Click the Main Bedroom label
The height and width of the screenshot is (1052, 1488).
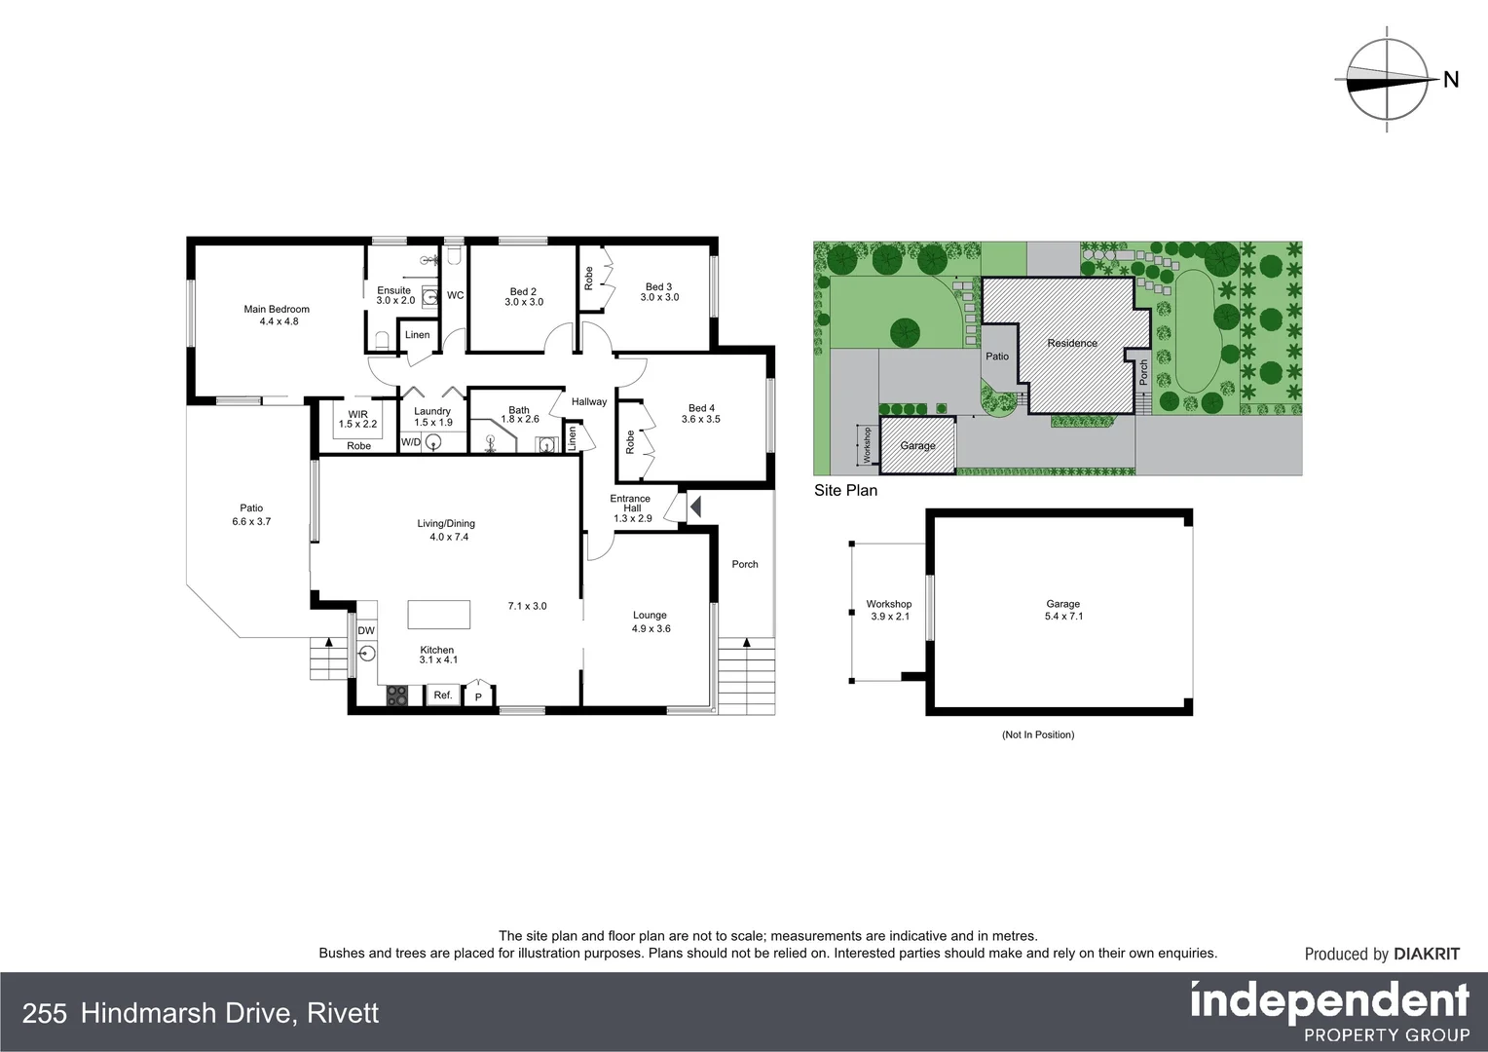[277, 310]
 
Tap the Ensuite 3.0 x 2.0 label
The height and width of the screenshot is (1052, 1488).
[394, 295]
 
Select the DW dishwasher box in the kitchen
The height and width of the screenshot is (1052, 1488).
[366, 631]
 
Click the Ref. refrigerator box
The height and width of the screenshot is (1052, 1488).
[443, 695]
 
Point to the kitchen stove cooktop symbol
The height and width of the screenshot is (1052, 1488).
[397, 695]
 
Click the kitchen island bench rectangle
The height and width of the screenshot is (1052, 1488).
[438, 616]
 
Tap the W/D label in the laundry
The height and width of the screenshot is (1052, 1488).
[411, 443]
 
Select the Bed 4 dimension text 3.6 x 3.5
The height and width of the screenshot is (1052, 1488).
[701, 420]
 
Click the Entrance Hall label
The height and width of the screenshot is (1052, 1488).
[631, 504]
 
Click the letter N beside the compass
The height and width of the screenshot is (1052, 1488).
[1451, 80]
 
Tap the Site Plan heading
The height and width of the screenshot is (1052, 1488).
[845, 491]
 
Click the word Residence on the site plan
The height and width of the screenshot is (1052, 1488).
[1072, 343]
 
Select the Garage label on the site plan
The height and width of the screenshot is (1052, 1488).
[917, 446]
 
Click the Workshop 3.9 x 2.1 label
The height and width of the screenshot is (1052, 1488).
[889, 610]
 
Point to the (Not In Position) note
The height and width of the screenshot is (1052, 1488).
[1038, 734]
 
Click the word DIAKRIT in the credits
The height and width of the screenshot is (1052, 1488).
[1427, 955]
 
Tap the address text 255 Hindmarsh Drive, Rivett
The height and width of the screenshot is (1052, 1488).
[201, 1013]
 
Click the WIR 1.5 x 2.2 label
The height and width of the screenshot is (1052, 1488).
[357, 419]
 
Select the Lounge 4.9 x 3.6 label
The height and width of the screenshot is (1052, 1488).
[651, 621]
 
